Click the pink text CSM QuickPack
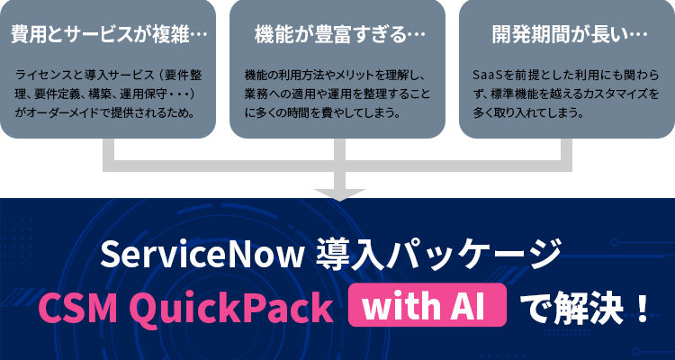pos(185,309)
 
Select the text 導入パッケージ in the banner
pos(438,256)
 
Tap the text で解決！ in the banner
pos(586,309)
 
